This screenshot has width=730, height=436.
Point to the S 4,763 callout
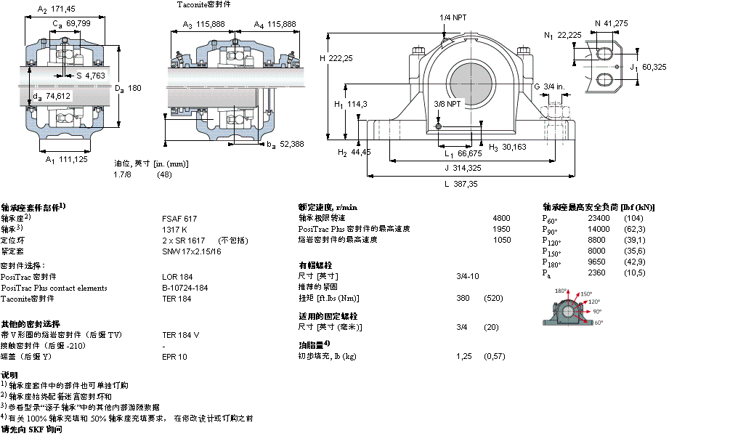[91, 75]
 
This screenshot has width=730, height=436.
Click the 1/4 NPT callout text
[453, 17]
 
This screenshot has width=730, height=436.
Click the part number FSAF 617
[179, 219]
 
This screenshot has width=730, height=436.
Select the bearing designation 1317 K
[174, 229]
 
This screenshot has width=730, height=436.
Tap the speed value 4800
[501, 218]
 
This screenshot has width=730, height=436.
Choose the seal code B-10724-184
[184, 288]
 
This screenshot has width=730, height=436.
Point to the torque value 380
[462, 299]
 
